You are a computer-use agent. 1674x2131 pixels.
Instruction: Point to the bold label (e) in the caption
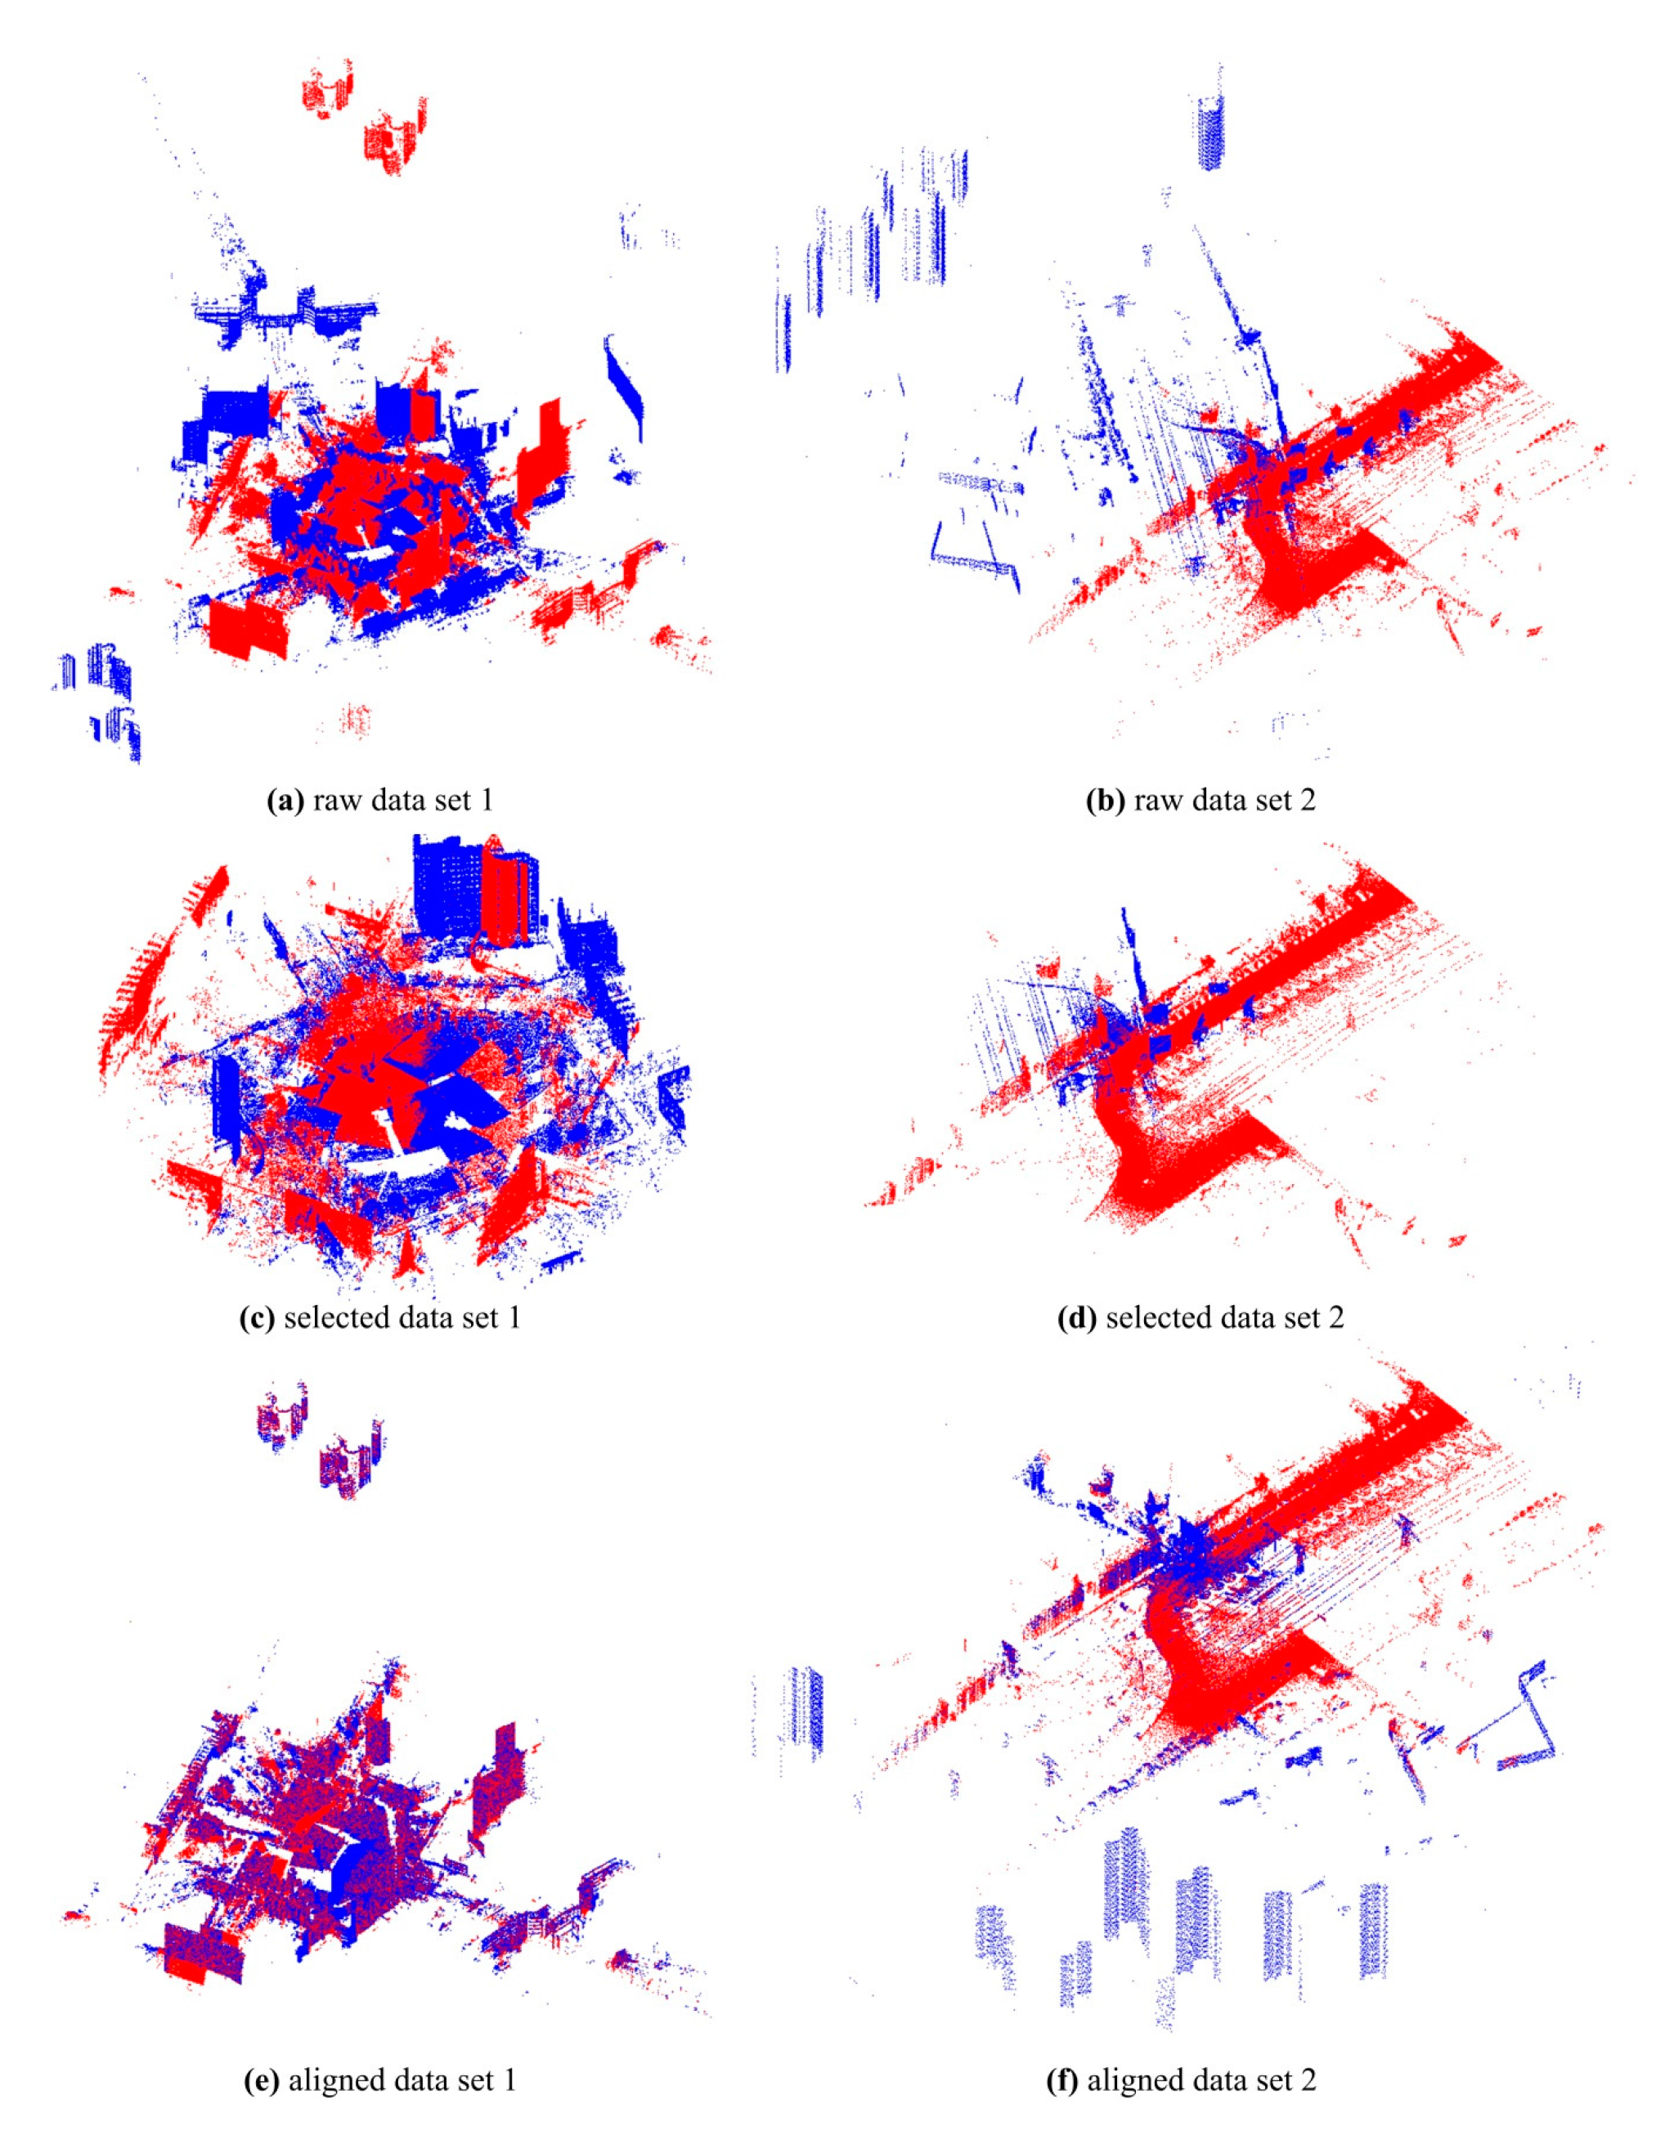coord(261,2080)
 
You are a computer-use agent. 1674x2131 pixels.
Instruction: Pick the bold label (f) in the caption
coord(1063,2080)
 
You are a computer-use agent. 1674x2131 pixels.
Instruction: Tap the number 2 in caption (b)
coord(1308,801)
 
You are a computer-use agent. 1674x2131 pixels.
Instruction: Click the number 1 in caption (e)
coord(508,2080)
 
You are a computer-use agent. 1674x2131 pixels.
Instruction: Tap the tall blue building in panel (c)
coord(448,886)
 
